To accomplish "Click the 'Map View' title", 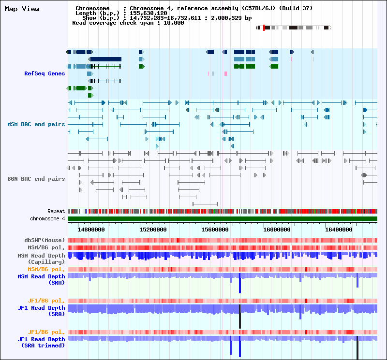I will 22,9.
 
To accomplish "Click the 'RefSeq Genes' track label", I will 45,73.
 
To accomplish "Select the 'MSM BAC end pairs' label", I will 36,124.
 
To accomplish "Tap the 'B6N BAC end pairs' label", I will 36,179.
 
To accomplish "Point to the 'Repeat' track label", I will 56,212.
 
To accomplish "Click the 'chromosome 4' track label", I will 47,218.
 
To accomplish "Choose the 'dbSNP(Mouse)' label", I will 45,240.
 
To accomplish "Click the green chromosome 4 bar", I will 223,219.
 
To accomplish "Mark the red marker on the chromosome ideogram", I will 264,28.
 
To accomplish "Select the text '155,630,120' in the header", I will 149,13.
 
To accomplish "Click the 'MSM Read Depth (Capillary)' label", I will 41,259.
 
